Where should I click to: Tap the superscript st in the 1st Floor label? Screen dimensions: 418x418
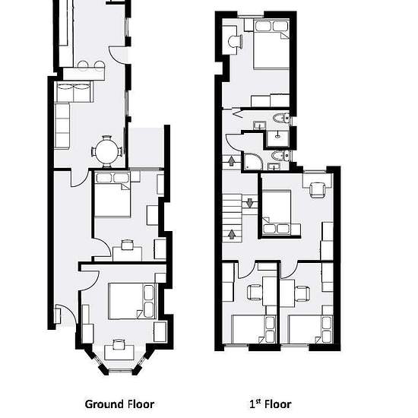[258, 401]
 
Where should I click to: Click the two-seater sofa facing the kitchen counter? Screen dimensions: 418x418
[74, 92]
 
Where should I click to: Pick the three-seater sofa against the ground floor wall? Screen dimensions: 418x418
[62, 125]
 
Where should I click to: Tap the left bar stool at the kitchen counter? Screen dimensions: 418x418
[83, 65]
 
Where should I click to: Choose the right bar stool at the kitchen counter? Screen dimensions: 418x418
[99, 65]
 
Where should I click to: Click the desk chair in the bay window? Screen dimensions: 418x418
[119, 345]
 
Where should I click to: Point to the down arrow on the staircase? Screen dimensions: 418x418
[249, 203]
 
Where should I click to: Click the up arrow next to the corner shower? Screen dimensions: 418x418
[231, 161]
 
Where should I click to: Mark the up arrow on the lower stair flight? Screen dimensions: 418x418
[232, 234]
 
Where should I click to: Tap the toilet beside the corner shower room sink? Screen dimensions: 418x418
[280, 156]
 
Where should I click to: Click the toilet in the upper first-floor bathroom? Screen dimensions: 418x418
[281, 118]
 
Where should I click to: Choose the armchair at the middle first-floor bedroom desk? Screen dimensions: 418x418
[318, 189]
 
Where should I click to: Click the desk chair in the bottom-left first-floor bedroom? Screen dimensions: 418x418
[255, 292]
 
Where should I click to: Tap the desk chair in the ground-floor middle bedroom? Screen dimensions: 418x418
[128, 245]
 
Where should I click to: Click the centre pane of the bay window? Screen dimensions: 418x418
[121, 370]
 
